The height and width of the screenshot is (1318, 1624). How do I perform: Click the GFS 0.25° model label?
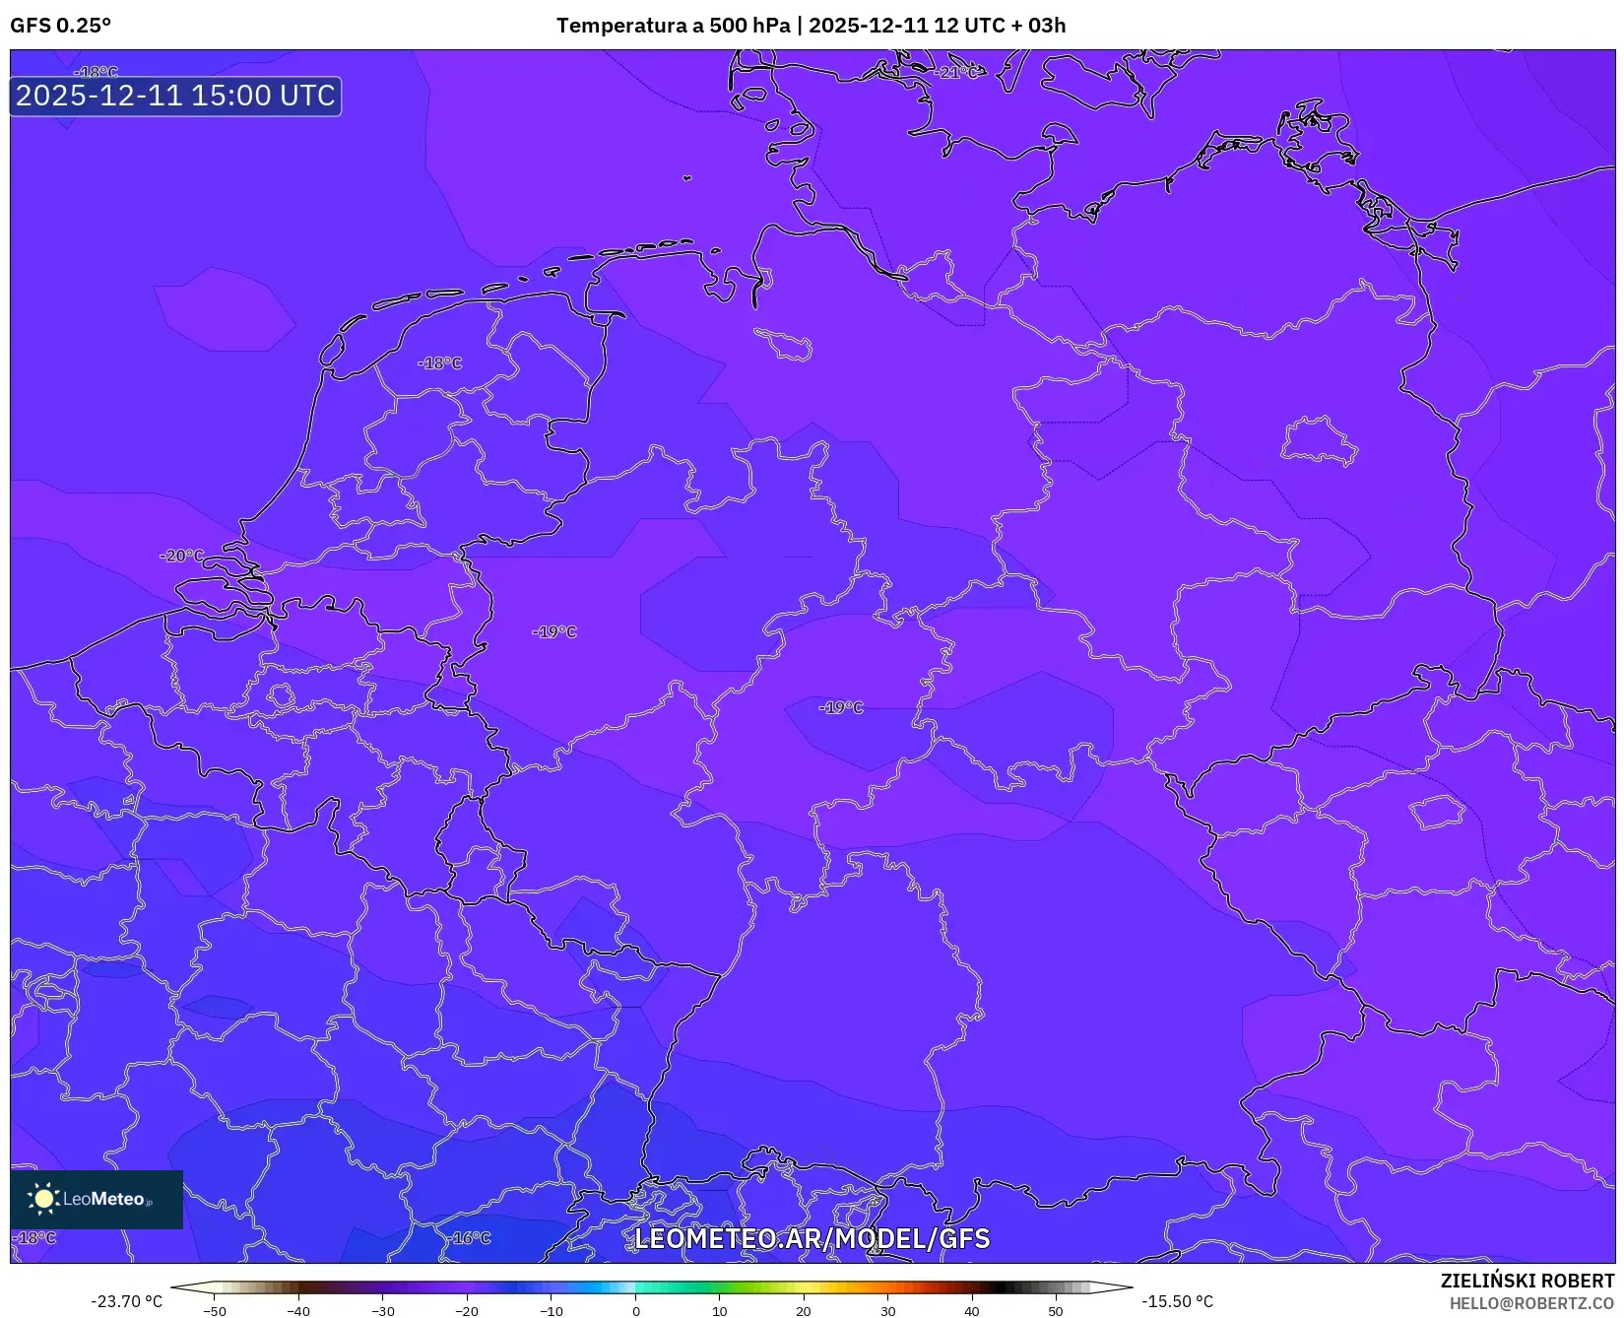tap(60, 26)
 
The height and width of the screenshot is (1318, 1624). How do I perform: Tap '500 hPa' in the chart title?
tap(749, 26)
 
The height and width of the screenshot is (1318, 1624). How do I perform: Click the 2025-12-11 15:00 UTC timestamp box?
tap(175, 96)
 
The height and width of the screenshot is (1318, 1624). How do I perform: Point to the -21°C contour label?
tap(955, 73)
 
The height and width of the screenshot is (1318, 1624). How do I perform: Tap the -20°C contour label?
tap(182, 556)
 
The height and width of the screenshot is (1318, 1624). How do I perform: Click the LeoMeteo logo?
tap(97, 1199)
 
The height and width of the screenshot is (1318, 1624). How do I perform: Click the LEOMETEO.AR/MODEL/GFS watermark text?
tap(812, 1238)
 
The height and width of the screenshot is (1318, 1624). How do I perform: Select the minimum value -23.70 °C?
tap(126, 1301)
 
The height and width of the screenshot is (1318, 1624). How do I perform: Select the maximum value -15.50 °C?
tap(1177, 1301)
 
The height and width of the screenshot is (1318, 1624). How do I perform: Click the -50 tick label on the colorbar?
tap(214, 1311)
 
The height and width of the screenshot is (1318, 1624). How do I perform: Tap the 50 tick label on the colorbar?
tap(1056, 1311)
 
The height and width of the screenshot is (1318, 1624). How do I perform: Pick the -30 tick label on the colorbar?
tap(382, 1311)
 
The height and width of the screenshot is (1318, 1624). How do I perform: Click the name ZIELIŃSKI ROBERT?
tap(1527, 1281)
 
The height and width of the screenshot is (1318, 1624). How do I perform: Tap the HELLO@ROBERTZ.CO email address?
tap(1531, 1303)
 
